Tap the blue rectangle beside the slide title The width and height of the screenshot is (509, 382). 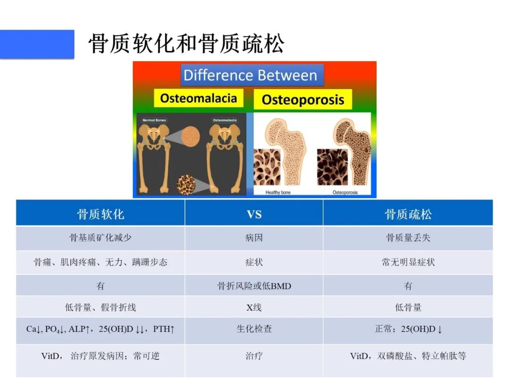[37, 44]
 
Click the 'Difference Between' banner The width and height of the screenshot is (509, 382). [250, 75]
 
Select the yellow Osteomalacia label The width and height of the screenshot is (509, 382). [198, 98]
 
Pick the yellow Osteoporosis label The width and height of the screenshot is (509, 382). [303, 100]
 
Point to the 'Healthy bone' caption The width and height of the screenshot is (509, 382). [278, 192]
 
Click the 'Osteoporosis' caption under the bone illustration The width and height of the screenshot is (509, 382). [345, 192]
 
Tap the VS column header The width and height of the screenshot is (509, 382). [254, 215]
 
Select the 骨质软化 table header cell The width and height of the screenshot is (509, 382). [100, 215]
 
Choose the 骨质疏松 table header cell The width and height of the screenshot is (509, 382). [408, 215]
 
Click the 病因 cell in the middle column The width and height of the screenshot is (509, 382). [254, 238]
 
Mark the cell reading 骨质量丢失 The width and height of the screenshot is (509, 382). [408, 238]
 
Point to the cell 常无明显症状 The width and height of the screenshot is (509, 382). [408, 262]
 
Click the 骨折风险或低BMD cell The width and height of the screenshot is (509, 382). [254, 286]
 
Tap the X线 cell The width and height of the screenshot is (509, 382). [254, 307]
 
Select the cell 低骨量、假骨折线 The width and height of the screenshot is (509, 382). [100, 307]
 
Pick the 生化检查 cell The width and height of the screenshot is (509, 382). [254, 329]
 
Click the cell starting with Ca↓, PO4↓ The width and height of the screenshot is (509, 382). [100, 329]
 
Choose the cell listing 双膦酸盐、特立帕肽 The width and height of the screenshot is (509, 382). [408, 356]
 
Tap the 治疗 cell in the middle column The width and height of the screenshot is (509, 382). [254, 356]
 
